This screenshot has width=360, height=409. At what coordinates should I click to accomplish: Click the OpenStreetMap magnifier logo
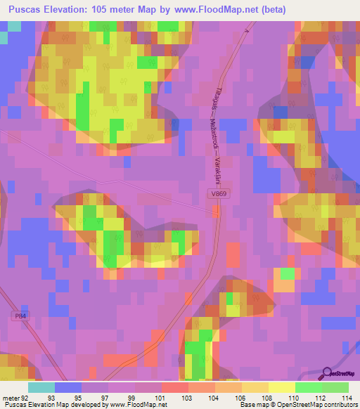(x=328, y=372)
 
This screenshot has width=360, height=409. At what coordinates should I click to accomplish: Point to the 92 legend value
(x=27, y=398)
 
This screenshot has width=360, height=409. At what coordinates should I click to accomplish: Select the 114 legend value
(x=347, y=398)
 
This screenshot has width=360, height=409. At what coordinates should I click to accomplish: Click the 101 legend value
(x=160, y=398)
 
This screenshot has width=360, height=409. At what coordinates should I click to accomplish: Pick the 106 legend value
(x=240, y=398)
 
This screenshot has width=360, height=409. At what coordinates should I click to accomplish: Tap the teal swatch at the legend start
(x=41, y=387)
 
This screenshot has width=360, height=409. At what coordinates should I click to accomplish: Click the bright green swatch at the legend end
(x=335, y=387)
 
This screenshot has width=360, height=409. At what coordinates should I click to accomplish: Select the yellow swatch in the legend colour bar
(x=281, y=387)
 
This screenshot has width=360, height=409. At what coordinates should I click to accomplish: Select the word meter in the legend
(x=11, y=398)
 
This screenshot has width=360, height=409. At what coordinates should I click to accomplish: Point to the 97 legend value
(x=106, y=398)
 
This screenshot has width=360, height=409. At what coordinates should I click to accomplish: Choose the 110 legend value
(x=293, y=398)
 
